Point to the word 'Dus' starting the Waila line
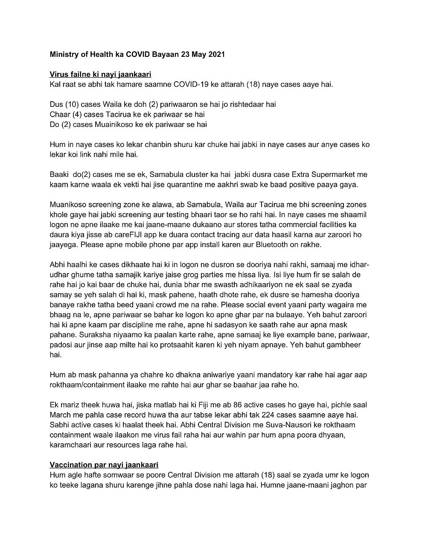pyautogui.click(x=56, y=105)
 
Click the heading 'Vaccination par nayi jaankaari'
pyautogui.click(x=104, y=465)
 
